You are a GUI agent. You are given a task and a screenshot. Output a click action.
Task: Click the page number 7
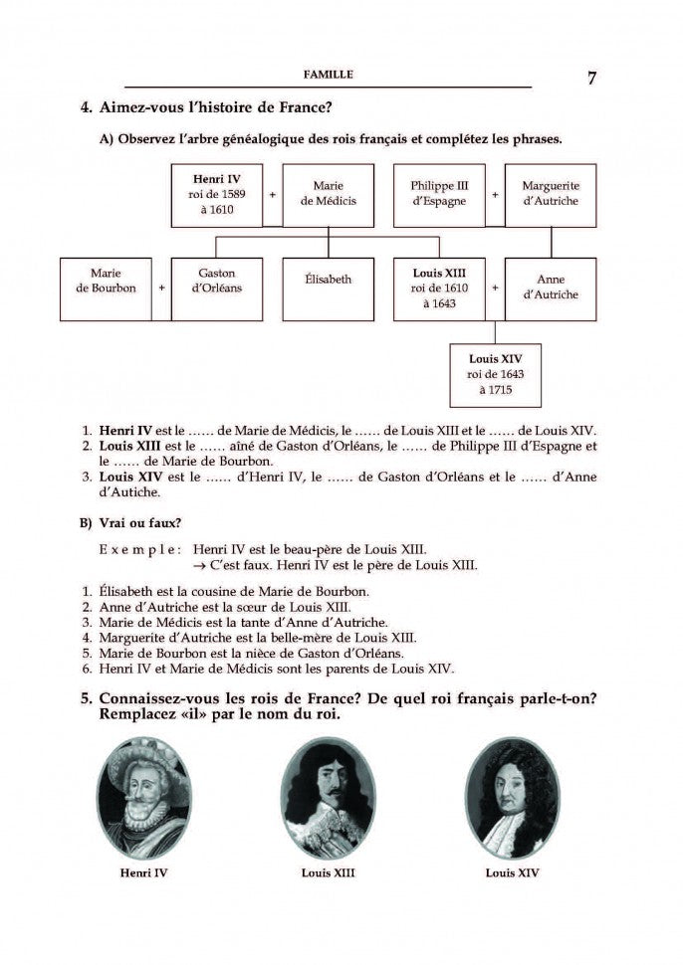(591, 79)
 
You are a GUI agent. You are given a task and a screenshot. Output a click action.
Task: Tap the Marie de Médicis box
(328, 194)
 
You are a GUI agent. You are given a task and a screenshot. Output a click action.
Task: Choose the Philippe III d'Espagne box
(439, 194)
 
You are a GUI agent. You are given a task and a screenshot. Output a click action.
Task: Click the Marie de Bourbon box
(106, 289)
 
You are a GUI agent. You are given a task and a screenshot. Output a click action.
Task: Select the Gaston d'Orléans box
(216, 289)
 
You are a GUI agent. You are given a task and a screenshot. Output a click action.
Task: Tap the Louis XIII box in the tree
(439, 289)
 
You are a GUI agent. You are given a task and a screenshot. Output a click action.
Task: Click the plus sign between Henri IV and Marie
(272, 195)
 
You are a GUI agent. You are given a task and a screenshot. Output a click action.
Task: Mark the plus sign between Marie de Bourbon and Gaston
(161, 289)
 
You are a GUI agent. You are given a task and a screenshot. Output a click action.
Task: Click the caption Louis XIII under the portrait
(328, 872)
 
